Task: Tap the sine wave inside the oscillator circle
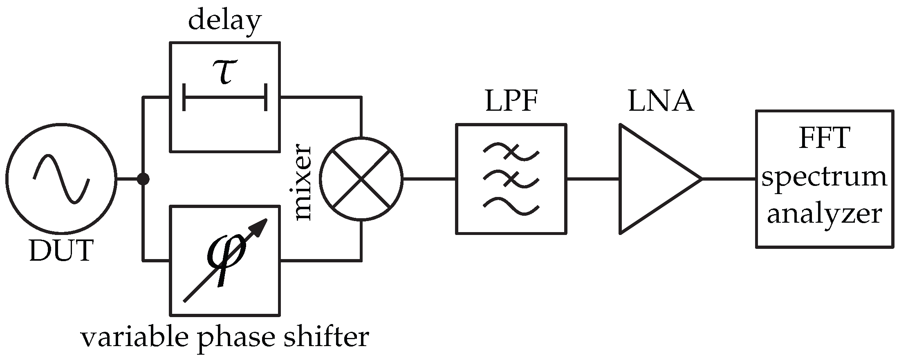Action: click(x=61, y=179)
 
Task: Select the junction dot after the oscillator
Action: click(x=143, y=179)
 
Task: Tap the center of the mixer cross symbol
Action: click(x=361, y=179)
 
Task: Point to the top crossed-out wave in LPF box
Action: click(x=511, y=152)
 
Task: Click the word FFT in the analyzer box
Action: click(x=824, y=139)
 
